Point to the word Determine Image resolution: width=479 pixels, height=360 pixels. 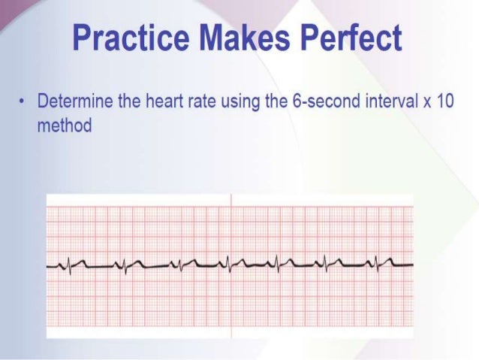(74, 101)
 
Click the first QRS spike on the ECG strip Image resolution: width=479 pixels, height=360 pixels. (70, 265)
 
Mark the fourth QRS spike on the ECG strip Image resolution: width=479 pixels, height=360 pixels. (227, 265)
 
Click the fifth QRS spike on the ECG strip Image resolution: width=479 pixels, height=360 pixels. (276, 265)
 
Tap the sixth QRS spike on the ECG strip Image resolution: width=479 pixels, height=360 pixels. (325, 265)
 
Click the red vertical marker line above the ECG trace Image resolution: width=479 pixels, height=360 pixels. (231, 225)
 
